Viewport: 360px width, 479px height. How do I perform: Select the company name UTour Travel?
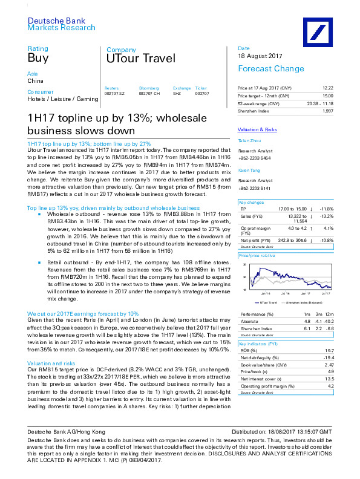point(140,59)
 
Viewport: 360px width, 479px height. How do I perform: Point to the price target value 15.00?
point(327,96)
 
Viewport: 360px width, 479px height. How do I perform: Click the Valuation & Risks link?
point(257,129)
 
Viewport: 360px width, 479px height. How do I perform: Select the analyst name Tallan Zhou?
point(248,141)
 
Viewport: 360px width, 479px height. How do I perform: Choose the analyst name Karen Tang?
point(248,171)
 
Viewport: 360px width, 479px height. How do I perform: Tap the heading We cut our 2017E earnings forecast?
point(83,314)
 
